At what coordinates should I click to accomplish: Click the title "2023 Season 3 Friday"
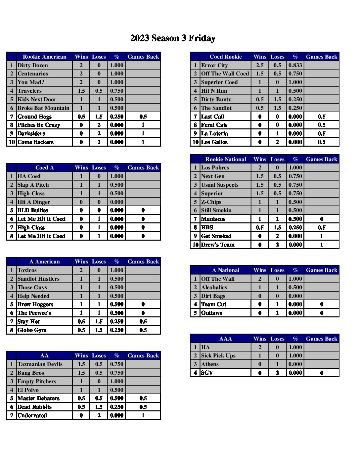[173, 38]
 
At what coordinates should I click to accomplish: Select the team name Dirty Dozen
[33, 65]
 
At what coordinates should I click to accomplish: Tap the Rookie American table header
[44, 57]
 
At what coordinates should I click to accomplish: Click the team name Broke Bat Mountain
[43, 108]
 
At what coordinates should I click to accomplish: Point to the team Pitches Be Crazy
[39, 125]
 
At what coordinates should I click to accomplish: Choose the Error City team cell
[214, 65]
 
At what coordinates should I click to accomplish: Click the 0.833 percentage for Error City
[295, 65]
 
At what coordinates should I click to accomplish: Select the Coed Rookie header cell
[226, 57]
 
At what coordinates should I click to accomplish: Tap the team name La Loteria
[214, 133]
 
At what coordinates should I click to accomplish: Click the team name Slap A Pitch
[33, 185]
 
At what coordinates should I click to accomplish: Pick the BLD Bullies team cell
[32, 210]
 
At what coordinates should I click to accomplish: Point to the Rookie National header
[226, 159]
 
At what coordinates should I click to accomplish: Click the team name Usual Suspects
[220, 185]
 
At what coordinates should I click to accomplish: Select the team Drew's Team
[218, 245]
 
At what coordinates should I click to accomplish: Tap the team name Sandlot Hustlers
[38, 279]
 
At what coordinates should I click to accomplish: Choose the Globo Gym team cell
[32, 330]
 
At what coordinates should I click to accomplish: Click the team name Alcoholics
[214, 287]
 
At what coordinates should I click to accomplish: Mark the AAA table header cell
[226, 339]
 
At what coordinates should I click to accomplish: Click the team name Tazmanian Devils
[40, 364]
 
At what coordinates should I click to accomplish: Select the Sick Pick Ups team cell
[218, 355]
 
